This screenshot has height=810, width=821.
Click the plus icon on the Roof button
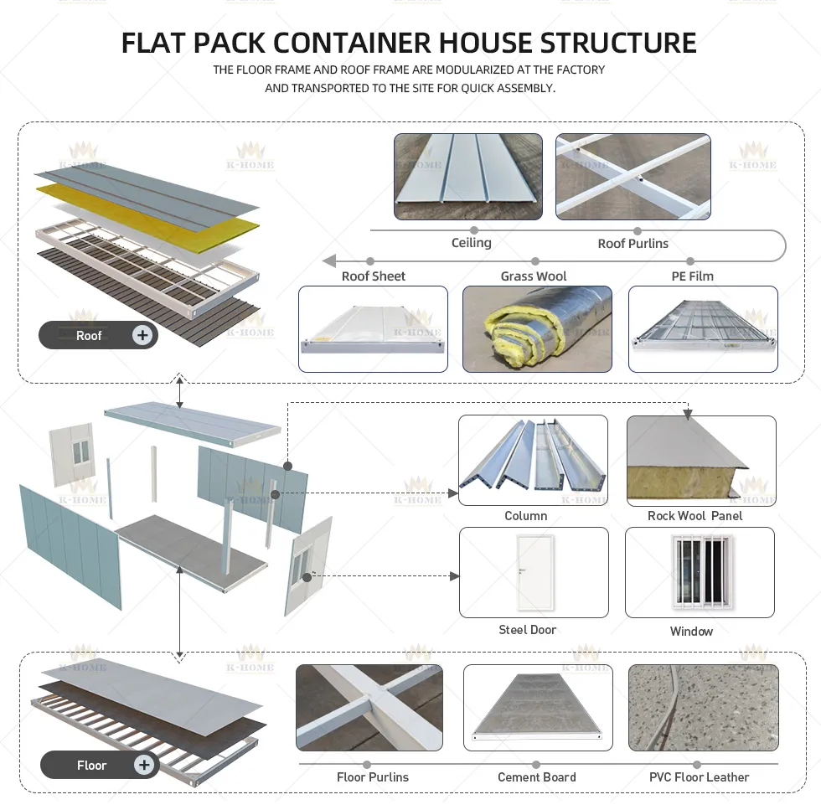pyautogui.click(x=143, y=336)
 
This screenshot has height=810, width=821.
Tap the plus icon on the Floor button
pyautogui.click(x=144, y=765)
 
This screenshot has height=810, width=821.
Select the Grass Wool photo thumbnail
pyautogui.click(x=537, y=329)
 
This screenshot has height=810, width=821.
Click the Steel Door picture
pyautogui.click(x=534, y=572)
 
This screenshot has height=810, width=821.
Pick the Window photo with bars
pyautogui.click(x=700, y=572)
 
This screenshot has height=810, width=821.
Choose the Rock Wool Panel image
pyautogui.click(x=701, y=461)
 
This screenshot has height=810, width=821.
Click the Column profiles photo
pyautogui.click(x=533, y=460)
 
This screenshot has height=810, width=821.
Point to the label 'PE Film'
pyautogui.click(x=692, y=276)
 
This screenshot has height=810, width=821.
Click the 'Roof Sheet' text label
pyautogui.click(x=374, y=276)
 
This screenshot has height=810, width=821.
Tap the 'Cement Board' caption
pyautogui.click(x=537, y=777)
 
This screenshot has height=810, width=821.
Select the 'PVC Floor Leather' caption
pyautogui.click(x=700, y=777)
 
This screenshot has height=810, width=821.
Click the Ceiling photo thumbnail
pyautogui.click(x=468, y=177)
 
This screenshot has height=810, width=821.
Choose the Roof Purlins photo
pyautogui.click(x=633, y=177)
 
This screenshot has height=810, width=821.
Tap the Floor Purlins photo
pyautogui.click(x=369, y=708)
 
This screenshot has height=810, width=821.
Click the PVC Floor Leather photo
pyautogui.click(x=703, y=708)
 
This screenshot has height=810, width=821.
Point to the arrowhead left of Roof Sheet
pyautogui.click(x=330, y=261)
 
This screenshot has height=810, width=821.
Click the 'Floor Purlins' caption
pyautogui.click(x=373, y=777)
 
